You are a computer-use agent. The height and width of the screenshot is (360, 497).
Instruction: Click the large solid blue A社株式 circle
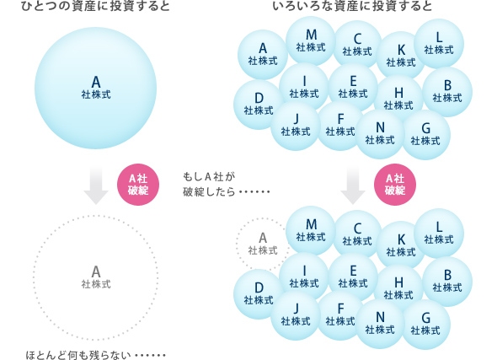[95, 89]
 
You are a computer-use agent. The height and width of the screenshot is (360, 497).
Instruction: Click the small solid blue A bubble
[263, 55]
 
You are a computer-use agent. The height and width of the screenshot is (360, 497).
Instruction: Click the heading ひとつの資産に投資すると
[95, 6]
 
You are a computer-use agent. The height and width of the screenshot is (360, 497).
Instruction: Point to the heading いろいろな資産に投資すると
[352, 6]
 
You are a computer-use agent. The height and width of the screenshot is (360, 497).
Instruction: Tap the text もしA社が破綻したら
[227, 185]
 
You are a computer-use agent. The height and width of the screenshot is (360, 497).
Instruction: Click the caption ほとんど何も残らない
[95, 355]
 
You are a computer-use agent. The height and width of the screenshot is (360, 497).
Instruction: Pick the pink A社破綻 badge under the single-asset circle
[138, 185]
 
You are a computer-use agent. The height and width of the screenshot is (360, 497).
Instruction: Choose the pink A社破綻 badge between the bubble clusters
[395, 185]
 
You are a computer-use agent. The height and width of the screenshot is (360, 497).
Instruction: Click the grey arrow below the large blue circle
[96, 185]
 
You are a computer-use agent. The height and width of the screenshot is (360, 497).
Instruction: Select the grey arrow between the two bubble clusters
[353, 185]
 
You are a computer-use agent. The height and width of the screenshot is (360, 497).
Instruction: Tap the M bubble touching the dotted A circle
[311, 231]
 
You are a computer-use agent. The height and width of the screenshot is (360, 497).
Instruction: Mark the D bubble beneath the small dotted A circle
[259, 294]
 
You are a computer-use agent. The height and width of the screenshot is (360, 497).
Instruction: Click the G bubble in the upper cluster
[425, 135]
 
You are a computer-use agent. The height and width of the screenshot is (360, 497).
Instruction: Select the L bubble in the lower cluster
[439, 234]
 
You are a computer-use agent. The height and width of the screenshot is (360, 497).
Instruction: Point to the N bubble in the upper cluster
[380, 134]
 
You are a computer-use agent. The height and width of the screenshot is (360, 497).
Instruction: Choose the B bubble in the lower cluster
[447, 282]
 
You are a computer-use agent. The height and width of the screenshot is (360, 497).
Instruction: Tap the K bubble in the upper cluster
[401, 56]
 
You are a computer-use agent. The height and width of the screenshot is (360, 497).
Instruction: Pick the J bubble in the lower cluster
[296, 315]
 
